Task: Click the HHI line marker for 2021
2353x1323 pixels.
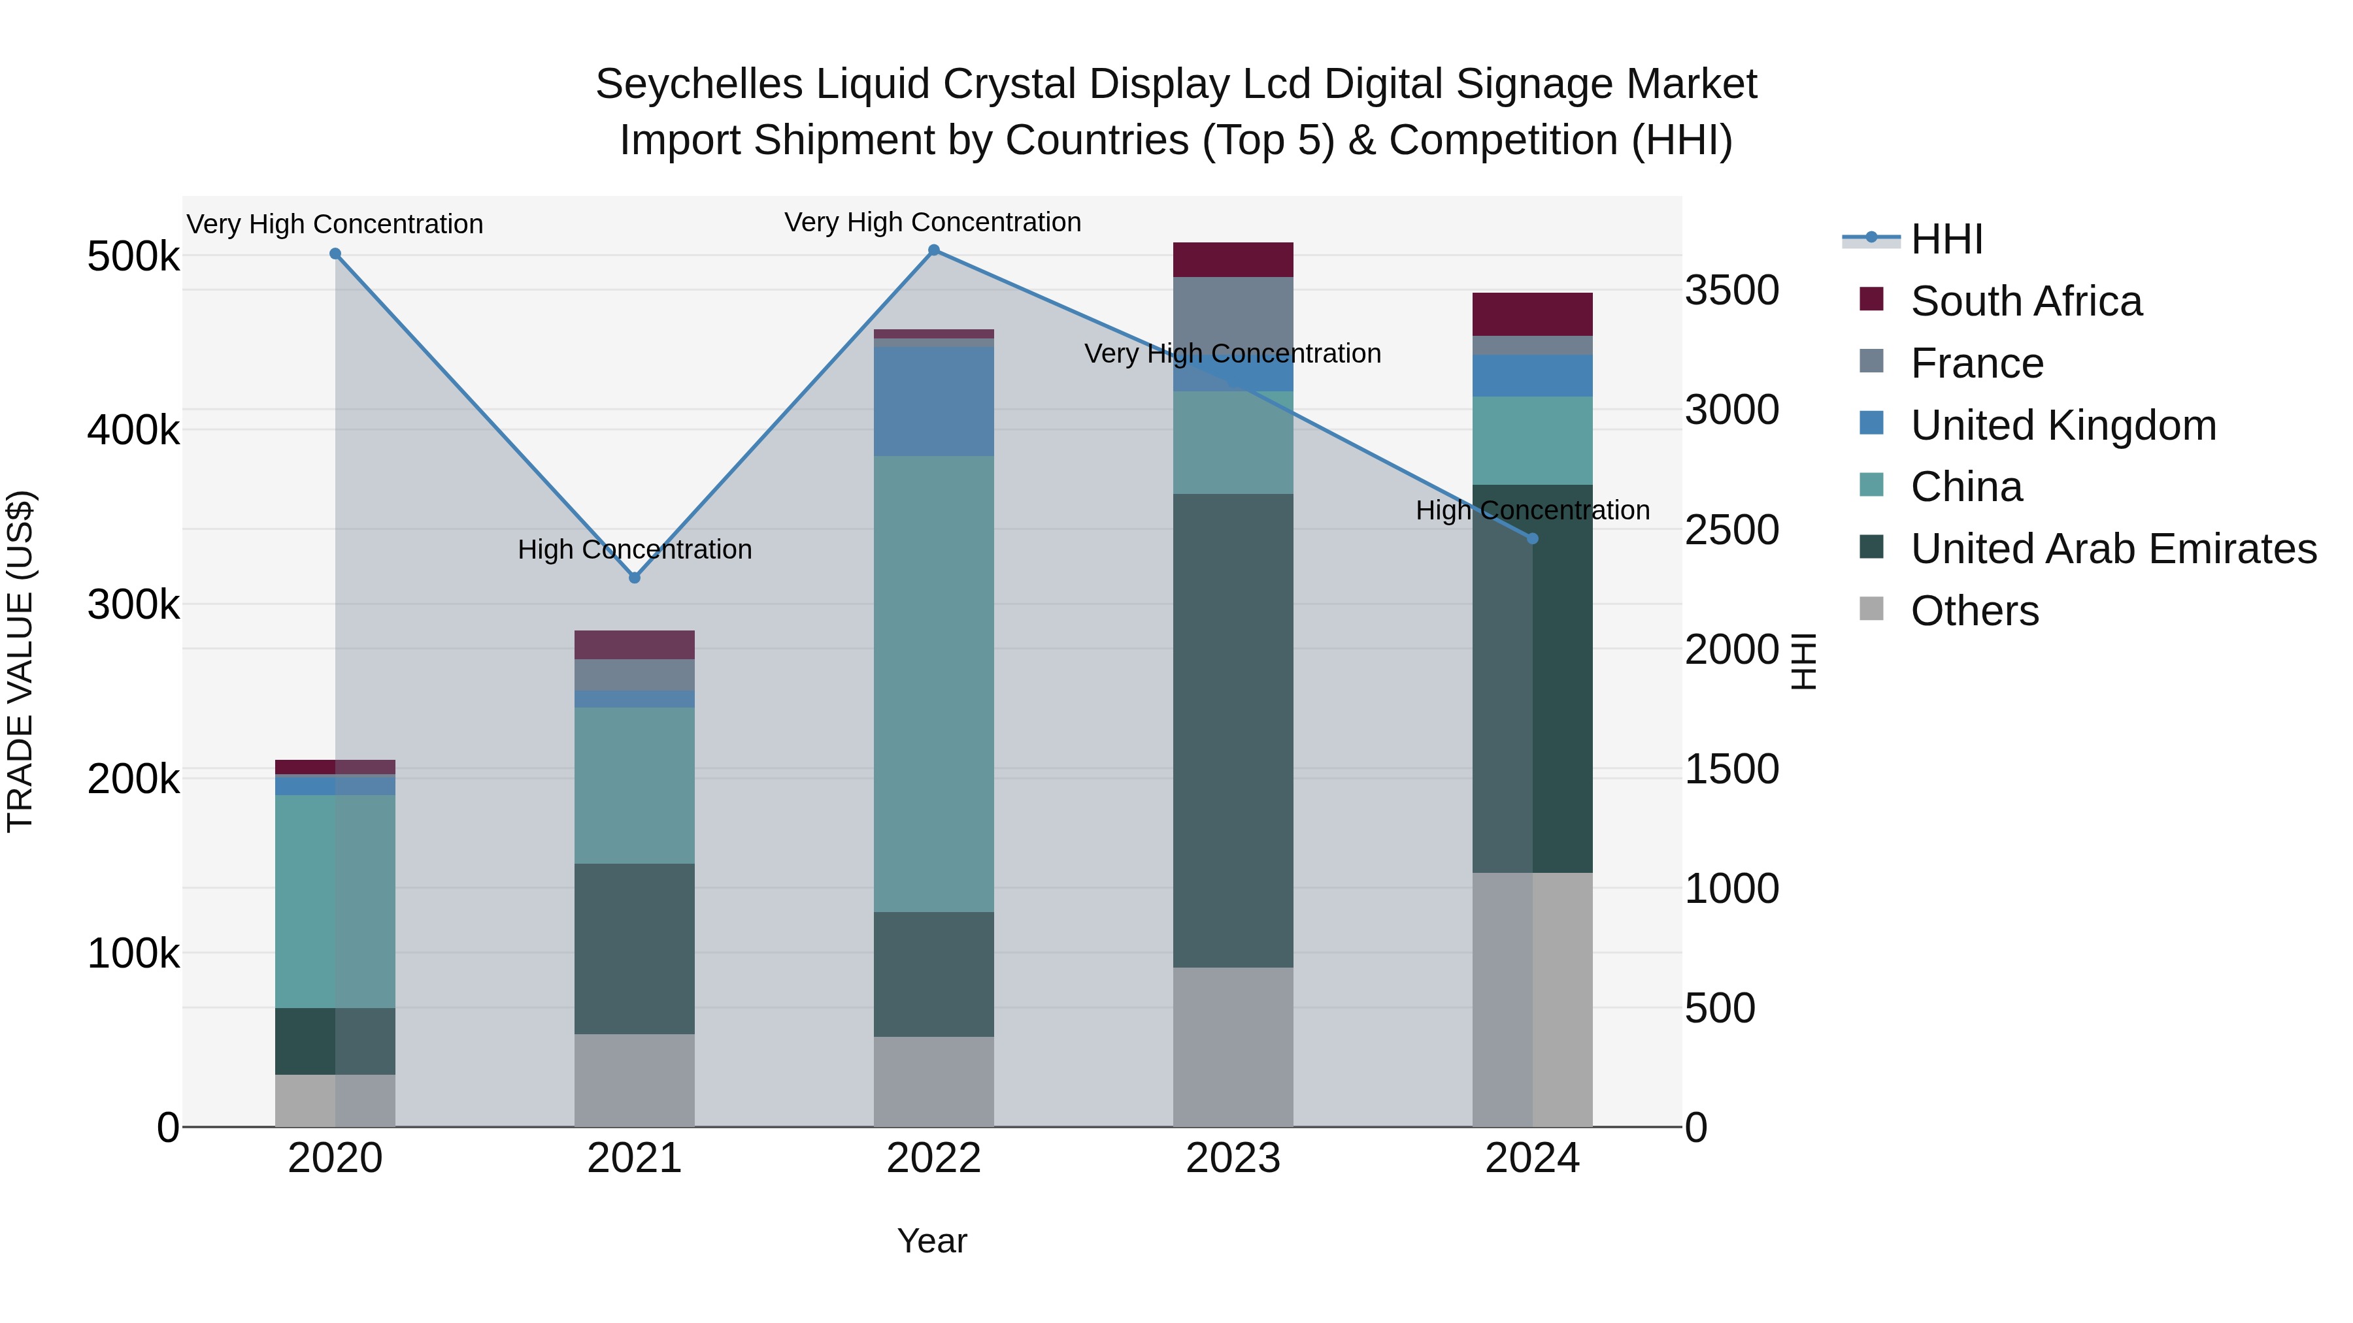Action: [635, 577]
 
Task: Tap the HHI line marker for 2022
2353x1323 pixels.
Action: [933, 250]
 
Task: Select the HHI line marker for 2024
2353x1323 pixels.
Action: [1533, 539]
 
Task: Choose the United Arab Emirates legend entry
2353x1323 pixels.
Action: [2112, 549]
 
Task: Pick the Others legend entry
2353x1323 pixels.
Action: [1974, 611]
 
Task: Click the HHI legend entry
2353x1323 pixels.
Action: [1946, 239]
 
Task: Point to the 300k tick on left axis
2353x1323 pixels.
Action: [133, 604]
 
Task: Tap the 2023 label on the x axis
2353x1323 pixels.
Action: [1233, 1158]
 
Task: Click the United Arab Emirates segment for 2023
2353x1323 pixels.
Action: [1233, 730]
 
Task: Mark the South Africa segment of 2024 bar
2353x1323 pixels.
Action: [1533, 314]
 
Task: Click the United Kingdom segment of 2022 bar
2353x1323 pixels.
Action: [933, 401]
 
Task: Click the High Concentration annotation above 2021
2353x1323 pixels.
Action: [635, 549]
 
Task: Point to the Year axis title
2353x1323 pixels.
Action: [931, 1241]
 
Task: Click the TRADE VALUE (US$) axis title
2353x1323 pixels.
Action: [20, 661]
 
